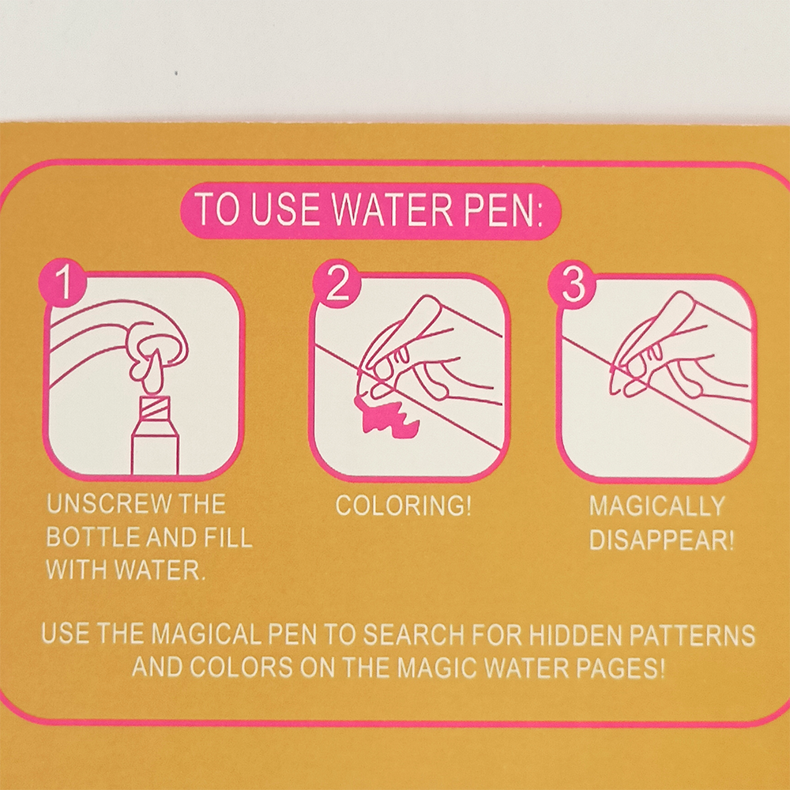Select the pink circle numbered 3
tap(572, 284)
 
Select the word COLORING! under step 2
tap(404, 506)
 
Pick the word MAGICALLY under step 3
tap(657, 506)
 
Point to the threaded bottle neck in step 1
tap(154, 407)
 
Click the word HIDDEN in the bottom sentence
tap(574, 635)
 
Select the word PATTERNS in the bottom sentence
tap(693, 635)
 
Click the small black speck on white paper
tap(176, 73)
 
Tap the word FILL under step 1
tap(228, 537)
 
